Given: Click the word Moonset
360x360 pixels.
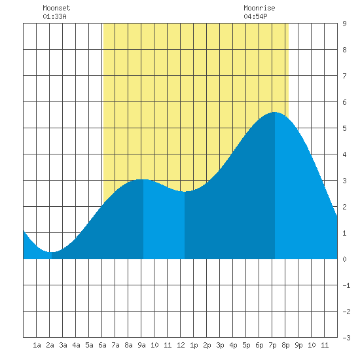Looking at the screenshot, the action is click(56, 8).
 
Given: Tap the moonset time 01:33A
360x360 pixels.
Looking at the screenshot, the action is click(54, 16).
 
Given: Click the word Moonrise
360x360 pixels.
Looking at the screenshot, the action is click(259, 8).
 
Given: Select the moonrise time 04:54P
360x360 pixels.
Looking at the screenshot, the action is click(255, 16).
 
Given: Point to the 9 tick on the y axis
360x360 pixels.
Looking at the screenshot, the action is click(344, 24).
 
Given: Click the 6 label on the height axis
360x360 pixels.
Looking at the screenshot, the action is click(344, 102).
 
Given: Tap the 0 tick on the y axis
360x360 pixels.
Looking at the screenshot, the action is click(344, 259).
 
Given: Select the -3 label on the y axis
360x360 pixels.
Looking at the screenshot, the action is click(347, 338).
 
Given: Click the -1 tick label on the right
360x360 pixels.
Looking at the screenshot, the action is click(347, 285).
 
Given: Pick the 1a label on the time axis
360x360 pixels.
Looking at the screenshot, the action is click(37, 345).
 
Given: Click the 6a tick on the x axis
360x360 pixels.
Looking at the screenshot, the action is click(102, 345).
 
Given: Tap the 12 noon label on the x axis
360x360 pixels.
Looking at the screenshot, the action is click(181, 345).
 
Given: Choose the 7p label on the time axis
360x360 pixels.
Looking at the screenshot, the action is click(272, 345).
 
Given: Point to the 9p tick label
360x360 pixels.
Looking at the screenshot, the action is click(298, 345).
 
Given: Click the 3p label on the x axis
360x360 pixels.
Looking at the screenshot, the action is click(220, 345).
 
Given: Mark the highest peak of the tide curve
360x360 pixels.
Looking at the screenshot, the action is click(275, 113).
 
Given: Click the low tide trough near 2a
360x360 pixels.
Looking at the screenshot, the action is click(52, 252).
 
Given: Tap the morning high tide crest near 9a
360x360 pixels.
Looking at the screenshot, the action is click(143, 179).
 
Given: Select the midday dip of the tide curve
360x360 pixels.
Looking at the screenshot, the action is click(185, 192).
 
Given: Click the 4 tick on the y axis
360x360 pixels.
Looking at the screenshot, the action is click(344, 154).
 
